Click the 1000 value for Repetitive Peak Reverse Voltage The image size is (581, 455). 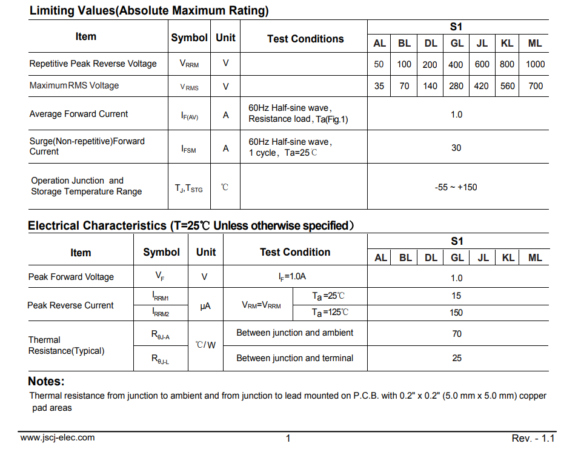coord(535,64)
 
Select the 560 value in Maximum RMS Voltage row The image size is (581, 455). coord(508,86)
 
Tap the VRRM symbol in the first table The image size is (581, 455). coord(189,64)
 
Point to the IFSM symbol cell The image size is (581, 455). coord(189,148)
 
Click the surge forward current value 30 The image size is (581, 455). coord(456,148)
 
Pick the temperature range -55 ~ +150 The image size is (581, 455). coord(456,187)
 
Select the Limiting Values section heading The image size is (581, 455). coord(149,11)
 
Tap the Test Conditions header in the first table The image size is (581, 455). coord(305,39)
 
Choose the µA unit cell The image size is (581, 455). coord(205,306)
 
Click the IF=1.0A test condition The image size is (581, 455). coord(293,277)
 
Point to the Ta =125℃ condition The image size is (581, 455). coord(330,313)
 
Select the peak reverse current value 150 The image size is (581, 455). coord(456,313)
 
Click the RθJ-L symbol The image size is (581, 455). coord(161,359)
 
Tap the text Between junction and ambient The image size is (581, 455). coord(294,333)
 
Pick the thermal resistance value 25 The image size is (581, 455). coord(457,358)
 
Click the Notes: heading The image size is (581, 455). coord(46,382)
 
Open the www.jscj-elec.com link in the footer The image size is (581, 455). coord(58,437)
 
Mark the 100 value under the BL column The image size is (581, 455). coord(404,64)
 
